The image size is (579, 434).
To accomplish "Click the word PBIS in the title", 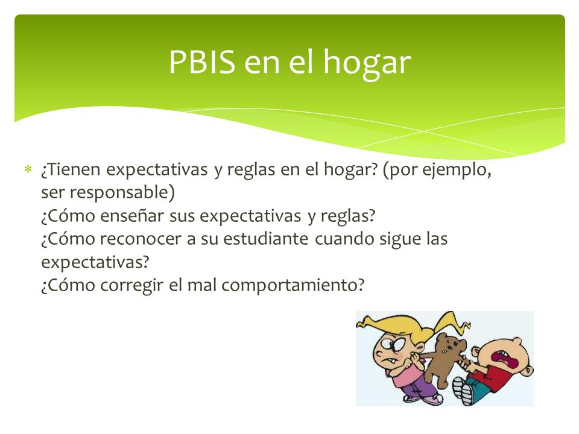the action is point(202,61).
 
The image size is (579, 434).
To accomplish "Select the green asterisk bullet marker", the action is point(28,169).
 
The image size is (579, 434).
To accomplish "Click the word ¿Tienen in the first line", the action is point(71,170).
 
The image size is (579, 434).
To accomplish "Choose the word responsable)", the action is point(122,193).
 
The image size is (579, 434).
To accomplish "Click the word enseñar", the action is point(131,216).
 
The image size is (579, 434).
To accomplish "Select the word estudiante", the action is point(265,239).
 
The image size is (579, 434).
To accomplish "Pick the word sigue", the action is point(400,240).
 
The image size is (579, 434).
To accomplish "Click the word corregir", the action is point(131,286).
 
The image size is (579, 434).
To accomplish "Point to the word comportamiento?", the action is point(293,286).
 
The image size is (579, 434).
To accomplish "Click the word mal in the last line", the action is point(201,285).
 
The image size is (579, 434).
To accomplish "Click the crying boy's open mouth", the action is point(502,359).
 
